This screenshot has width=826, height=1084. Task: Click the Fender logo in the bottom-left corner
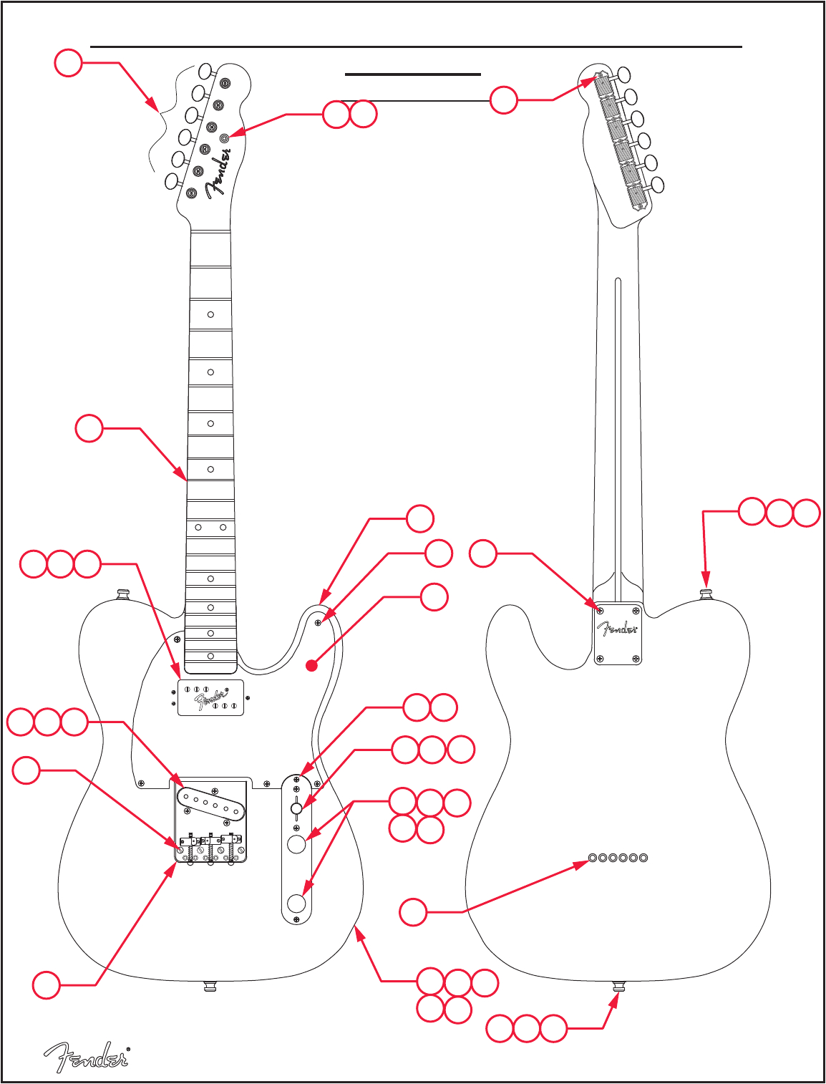tap(86, 1057)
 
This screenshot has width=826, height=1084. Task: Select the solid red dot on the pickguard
tap(311, 666)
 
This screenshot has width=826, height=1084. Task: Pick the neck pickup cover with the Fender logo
tap(210, 697)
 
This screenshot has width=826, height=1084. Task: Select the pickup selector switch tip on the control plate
tap(296, 809)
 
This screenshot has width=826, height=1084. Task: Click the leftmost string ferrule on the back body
tap(593, 857)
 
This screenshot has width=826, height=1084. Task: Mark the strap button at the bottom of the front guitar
tap(210, 987)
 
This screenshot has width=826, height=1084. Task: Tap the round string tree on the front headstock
tap(224, 137)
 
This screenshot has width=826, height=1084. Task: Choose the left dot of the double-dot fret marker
tap(198, 527)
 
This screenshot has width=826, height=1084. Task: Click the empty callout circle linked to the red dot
tap(434, 597)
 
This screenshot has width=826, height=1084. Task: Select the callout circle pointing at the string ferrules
tap(413, 912)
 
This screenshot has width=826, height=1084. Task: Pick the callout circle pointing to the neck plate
tap(483, 553)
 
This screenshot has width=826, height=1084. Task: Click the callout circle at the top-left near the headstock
tap(68, 63)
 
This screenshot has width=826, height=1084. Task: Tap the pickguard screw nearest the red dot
tap(318, 623)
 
